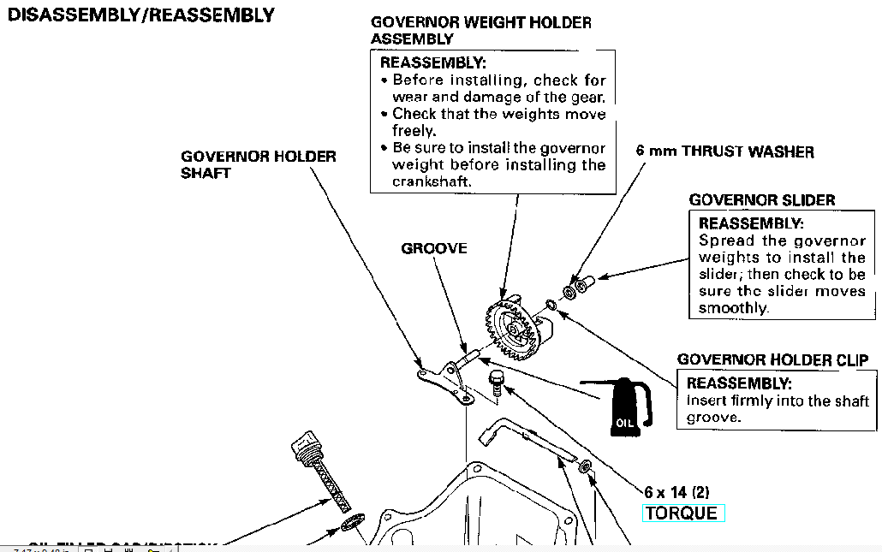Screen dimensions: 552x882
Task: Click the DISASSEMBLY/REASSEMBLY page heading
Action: [140, 15]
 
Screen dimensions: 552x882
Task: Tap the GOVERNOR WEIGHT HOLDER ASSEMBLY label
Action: [480, 30]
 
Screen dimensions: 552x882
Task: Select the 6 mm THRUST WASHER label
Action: [724, 151]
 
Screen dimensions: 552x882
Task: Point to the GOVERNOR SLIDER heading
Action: [762, 200]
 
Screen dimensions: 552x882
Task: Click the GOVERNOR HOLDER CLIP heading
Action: [773, 360]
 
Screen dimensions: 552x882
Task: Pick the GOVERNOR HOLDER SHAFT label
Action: [258, 164]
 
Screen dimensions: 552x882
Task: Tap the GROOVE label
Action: [434, 248]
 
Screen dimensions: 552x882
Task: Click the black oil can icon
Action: [628, 407]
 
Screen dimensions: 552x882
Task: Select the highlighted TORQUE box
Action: [683, 513]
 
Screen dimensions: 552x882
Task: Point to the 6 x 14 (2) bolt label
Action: [676, 492]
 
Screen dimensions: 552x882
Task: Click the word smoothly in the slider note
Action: [733, 308]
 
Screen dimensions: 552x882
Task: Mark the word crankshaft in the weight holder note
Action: [432, 181]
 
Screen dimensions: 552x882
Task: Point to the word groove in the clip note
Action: [712, 418]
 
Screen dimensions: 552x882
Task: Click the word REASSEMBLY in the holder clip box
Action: [739, 383]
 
